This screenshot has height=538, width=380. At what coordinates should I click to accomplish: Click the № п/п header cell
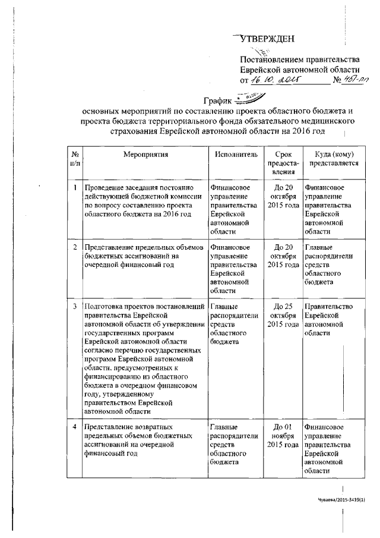[74, 158]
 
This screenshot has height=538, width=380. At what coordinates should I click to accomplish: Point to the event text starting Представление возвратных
[137, 440]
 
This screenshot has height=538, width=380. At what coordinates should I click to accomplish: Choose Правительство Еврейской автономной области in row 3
[328, 320]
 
